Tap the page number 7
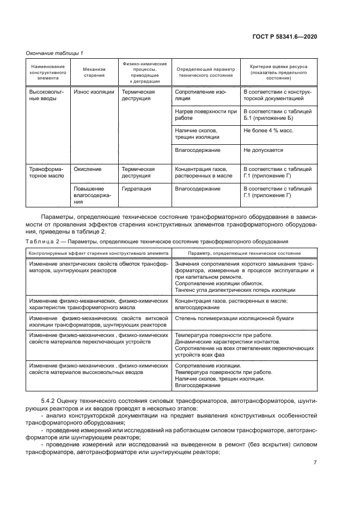pyautogui.click(x=315, y=463)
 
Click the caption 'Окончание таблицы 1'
pyautogui.click(x=54, y=53)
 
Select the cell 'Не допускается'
pyautogui.click(x=264, y=150)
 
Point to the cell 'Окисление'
pyautogui.click(x=88, y=169)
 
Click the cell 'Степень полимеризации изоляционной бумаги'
pyautogui.click(x=234, y=317)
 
